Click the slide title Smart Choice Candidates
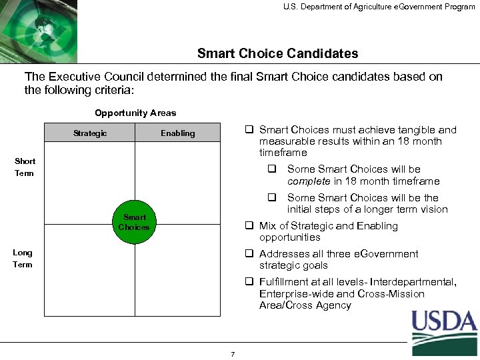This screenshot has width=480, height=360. coord(277,53)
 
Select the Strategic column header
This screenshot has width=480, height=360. coord(90,133)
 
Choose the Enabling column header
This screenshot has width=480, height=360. coord(177,133)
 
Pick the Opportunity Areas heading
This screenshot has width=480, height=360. coord(135,113)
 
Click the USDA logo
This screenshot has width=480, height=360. coord(443,331)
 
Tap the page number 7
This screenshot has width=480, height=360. coord(233,354)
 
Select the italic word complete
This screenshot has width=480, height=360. coord(309,181)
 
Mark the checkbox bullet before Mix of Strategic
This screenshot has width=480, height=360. coord(249,225)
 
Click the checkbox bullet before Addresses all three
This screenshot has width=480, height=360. coord(249,254)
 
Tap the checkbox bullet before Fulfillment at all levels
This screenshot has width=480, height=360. coord(249,282)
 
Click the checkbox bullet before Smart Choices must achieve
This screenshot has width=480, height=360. coord(249,130)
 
